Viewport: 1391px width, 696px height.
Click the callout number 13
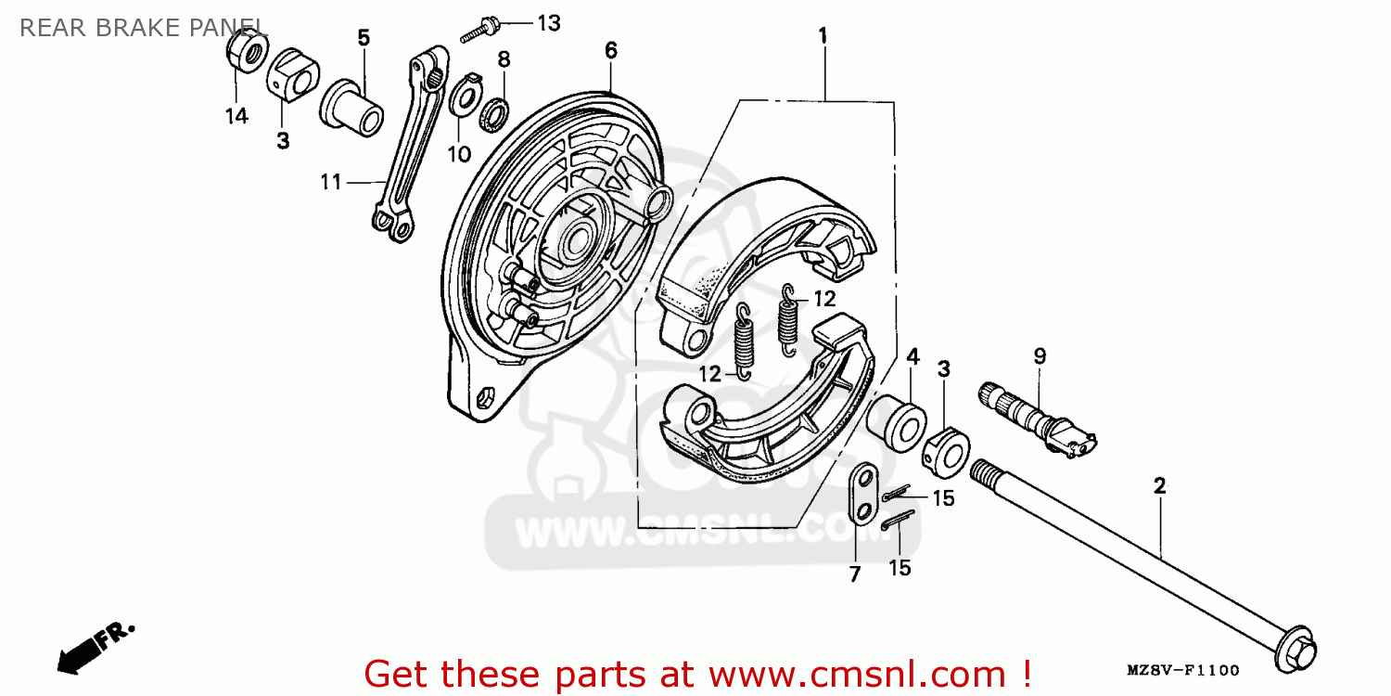(549, 23)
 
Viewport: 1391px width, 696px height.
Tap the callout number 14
(236, 117)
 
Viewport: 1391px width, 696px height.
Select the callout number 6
(610, 50)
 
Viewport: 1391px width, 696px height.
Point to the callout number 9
(1040, 355)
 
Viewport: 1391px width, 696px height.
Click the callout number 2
(1159, 485)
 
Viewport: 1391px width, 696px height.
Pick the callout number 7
(855, 574)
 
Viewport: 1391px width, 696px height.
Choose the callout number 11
(331, 183)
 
